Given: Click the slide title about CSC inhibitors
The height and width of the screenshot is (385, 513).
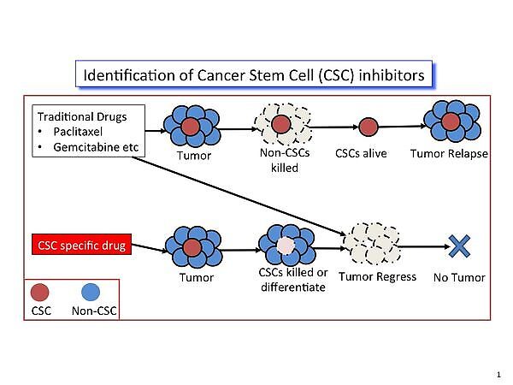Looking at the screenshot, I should [253, 75].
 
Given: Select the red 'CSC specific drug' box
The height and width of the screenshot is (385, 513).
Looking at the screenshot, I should [80, 246].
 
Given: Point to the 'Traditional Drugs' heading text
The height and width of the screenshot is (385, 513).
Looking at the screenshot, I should [75, 115].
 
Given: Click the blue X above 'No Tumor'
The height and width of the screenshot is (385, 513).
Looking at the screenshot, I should [460, 247].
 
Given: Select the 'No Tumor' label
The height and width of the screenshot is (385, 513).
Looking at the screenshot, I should [459, 277].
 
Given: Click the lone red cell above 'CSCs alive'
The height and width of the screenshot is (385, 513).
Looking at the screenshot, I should [368, 127].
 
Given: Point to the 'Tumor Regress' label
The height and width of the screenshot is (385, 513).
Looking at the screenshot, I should [377, 276].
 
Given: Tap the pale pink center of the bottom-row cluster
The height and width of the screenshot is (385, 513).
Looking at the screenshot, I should [285, 246].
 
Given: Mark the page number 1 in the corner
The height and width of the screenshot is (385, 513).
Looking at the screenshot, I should [498, 374].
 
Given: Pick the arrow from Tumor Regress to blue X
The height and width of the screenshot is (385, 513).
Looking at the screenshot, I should [422, 247].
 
